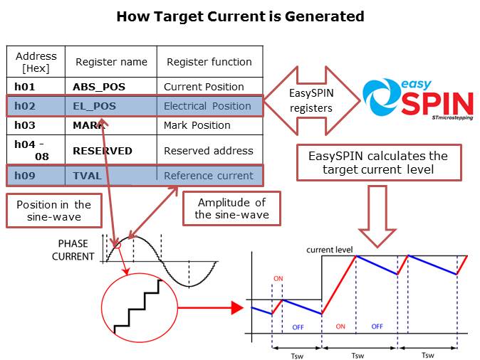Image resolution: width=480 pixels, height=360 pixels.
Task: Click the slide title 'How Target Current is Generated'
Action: [x=240, y=16]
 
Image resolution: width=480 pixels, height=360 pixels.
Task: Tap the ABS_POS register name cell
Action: [x=99, y=87]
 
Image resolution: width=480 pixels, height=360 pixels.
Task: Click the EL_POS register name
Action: [x=94, y=106]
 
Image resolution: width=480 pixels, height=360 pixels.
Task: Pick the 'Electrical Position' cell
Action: [x=207, y=106]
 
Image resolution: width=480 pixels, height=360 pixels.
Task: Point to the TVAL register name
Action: [x=88, y=176]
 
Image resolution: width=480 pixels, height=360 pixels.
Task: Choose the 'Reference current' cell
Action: [x=208, y=176]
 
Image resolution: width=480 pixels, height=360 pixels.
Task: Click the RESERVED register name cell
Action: [x=103, y=150]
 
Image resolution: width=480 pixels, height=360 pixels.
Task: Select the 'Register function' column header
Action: [x=209, y=62]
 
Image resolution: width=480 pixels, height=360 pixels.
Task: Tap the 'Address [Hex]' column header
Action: [x=36, y=62]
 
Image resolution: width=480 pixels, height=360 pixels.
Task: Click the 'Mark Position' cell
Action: [x=197, y=125]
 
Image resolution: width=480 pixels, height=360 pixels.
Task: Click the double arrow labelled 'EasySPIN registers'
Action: [x=311, y=101]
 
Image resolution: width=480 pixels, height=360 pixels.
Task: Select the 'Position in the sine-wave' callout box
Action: [x=54, y=211]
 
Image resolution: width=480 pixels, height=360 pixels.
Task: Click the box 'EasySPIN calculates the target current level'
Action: [x=377, y=162]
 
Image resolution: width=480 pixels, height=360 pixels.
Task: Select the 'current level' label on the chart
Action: [x=328, y=250]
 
